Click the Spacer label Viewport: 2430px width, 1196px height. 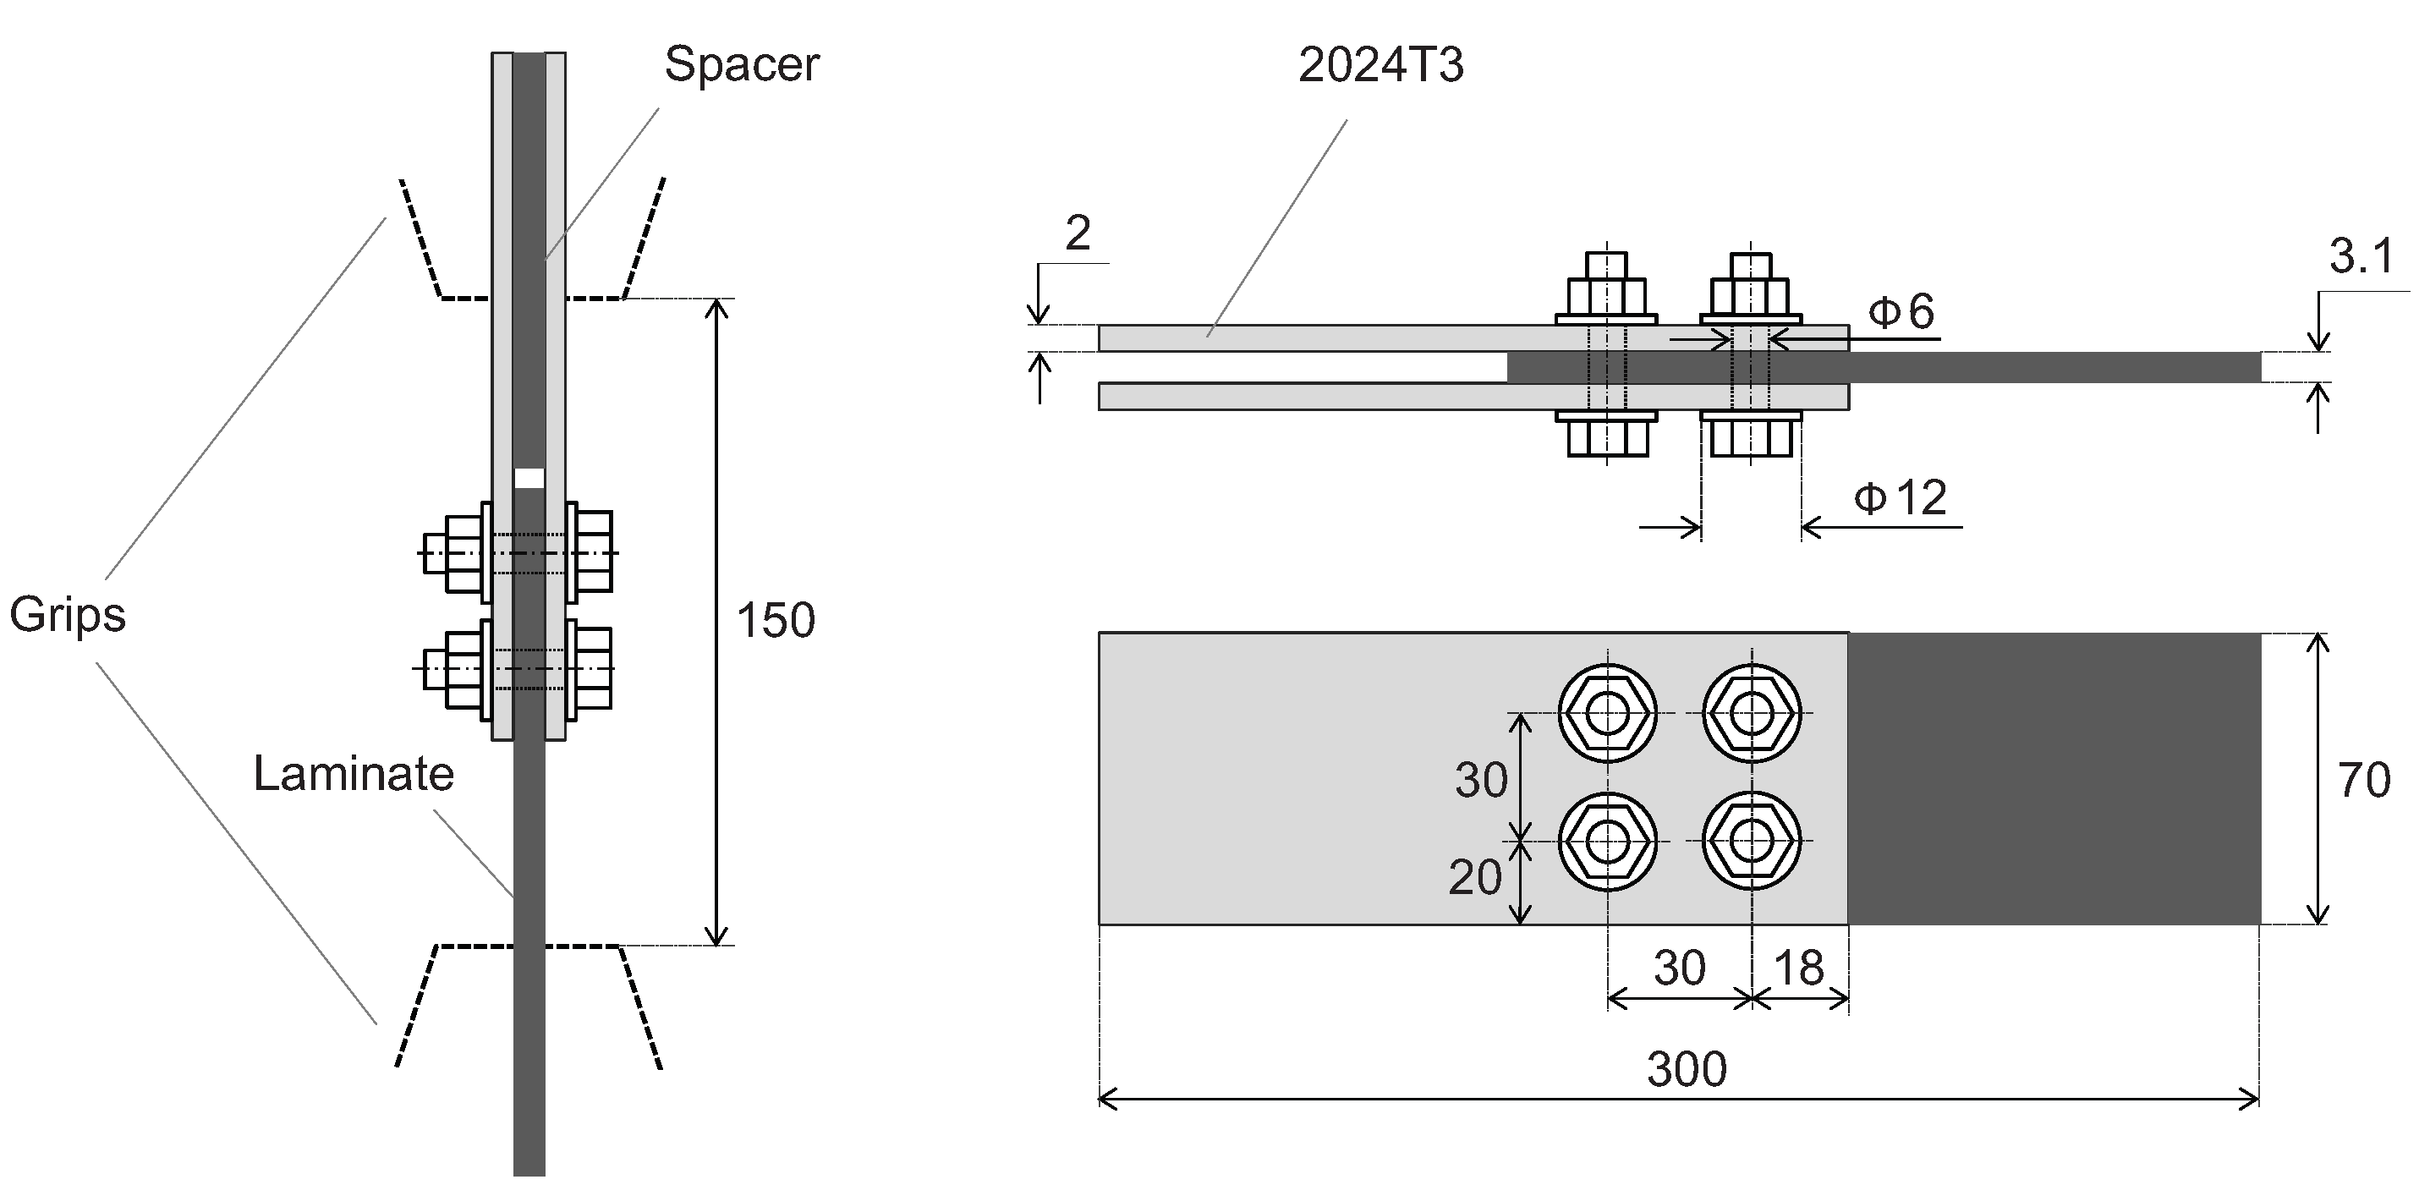pyautogui.click(x=742, y=65)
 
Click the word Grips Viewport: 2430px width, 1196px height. pyautogui.click(x=67, y=616)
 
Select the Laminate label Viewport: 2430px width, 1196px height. pyautogui.click(x=354, y=775)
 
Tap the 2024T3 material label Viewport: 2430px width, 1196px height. pyautogui.click(x=1380, y=66)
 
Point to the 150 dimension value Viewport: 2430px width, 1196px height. pyautogui.click(x=775, y=622)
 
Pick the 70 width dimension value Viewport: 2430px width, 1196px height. pyautogui.click(x=2363, y=781)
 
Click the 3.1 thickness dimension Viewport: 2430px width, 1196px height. pyautogui.click(x=2361, y=256)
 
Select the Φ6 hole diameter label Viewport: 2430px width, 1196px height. pyautogui.click(x=1901, y=313)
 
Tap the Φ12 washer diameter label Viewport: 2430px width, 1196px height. pyautogui.click(x=1900, y=498)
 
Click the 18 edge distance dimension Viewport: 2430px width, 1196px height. pyautogui.click(x=1799, y=968)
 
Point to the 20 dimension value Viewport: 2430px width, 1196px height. pyautogui.click(x=1474, y=878)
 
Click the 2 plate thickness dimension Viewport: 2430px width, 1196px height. pyautogui.click(x=1078, y=233)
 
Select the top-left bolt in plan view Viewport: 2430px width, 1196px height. pyautogui.click(x=1606, y=714)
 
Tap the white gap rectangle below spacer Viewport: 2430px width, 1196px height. pyautogui.click(x=529, y=478)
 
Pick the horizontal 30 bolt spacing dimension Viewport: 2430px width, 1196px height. pyautogui.click(x=1679, y=968)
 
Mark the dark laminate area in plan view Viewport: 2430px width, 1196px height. pyautogui.click(x=2054, y=778)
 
